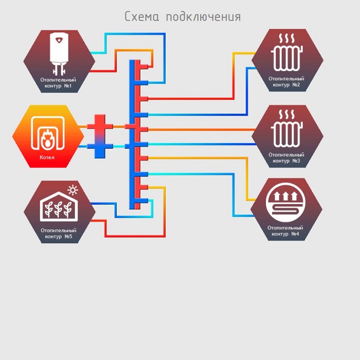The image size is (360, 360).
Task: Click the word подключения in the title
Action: pos(203,17)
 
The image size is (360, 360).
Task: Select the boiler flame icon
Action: pos(47,138)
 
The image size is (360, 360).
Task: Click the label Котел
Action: pos(47,157)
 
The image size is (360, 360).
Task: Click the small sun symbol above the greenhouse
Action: pos(73,191)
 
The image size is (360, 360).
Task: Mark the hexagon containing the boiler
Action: pos(47,136)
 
